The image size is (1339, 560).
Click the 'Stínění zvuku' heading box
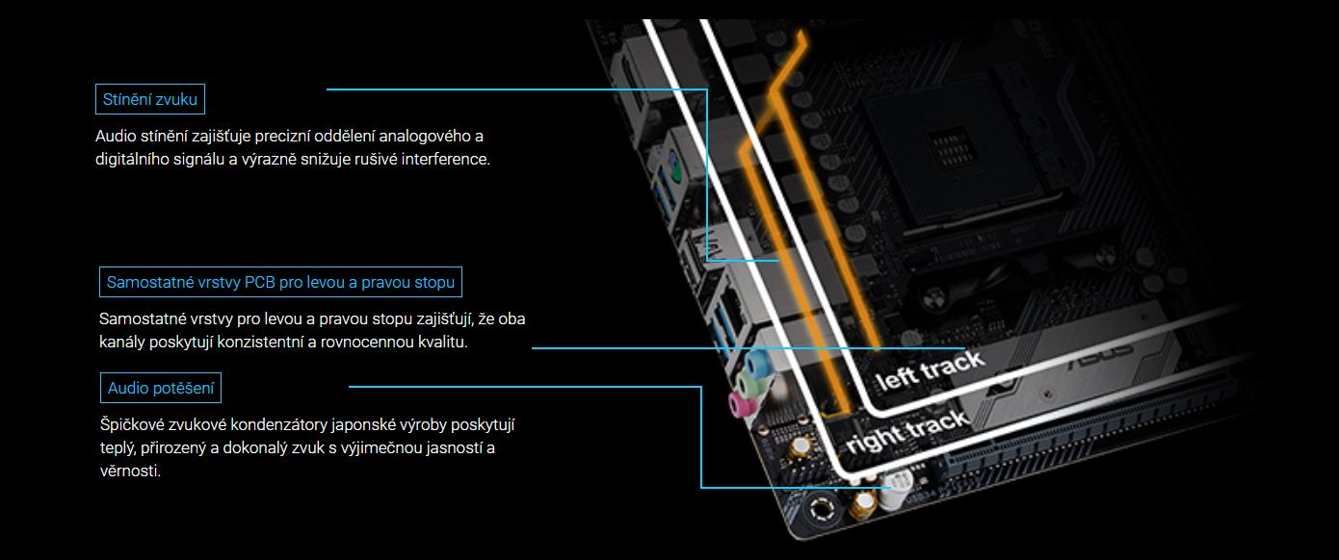(150, 99)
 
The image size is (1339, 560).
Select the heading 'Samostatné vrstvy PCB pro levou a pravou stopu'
(280, 282)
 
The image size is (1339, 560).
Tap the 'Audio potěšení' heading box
(161, 388)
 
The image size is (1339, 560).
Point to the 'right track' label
(907, 432)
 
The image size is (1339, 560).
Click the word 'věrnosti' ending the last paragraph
(130, 471)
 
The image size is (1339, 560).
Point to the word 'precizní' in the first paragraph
(282, 137)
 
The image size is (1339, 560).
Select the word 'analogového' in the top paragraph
(425, 137)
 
